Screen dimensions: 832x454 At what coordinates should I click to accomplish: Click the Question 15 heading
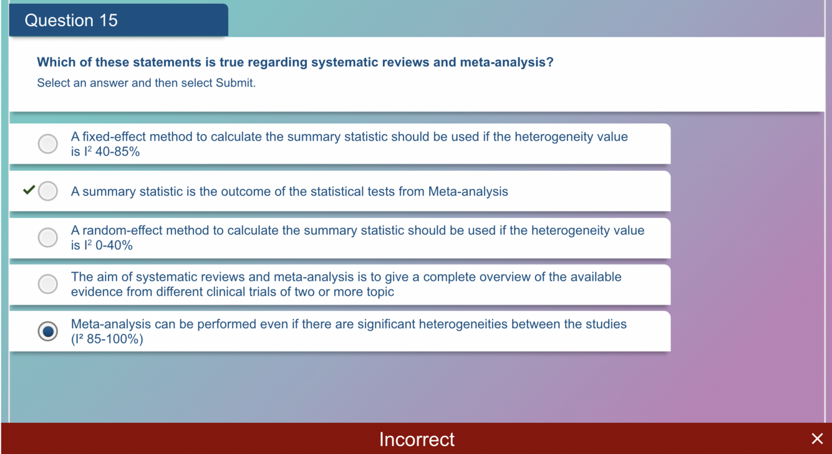click(x=71, y=20)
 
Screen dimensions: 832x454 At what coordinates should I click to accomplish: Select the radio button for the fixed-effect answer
click(x=47, y=143)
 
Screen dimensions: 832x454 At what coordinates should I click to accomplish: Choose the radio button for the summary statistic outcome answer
click(x=47, y=191)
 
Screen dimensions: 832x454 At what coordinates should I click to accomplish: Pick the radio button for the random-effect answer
click(x=47, y=237)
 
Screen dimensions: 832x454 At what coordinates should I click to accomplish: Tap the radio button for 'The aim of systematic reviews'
click(x=47, y=284)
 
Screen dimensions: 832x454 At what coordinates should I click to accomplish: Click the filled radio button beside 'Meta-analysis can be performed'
click(x=47, y=331)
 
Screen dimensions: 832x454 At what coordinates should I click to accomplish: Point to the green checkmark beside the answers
click(x=29, y=189)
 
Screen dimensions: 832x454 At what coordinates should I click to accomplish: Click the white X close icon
click(x=817, y=438)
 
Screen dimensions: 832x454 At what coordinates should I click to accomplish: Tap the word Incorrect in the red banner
click(x=417, y=440)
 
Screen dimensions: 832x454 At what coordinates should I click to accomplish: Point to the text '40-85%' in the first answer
click(x=117, y=152)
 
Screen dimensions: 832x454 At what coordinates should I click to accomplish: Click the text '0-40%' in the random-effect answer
click(x=114, y=245)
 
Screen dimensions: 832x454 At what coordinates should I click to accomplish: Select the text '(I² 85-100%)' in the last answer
click(x=107, y=339)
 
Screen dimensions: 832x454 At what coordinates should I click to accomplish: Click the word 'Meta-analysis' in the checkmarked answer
click(x=468, y=191)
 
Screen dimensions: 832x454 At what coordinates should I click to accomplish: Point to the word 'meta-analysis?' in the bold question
click(x=506, y=62)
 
